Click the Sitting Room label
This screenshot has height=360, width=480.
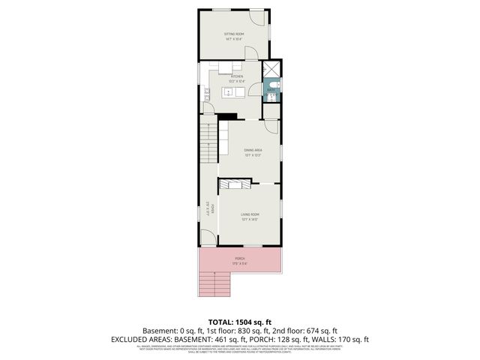click(234, 36)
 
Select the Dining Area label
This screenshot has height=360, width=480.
click(253, 152)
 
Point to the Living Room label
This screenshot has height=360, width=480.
click(250, 217)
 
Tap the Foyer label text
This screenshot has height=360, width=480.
click(213, 209)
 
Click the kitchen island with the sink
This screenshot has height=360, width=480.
click(231, 91)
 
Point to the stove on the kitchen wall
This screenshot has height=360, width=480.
click(206, 94)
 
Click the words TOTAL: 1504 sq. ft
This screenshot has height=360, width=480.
click(240, 320)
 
